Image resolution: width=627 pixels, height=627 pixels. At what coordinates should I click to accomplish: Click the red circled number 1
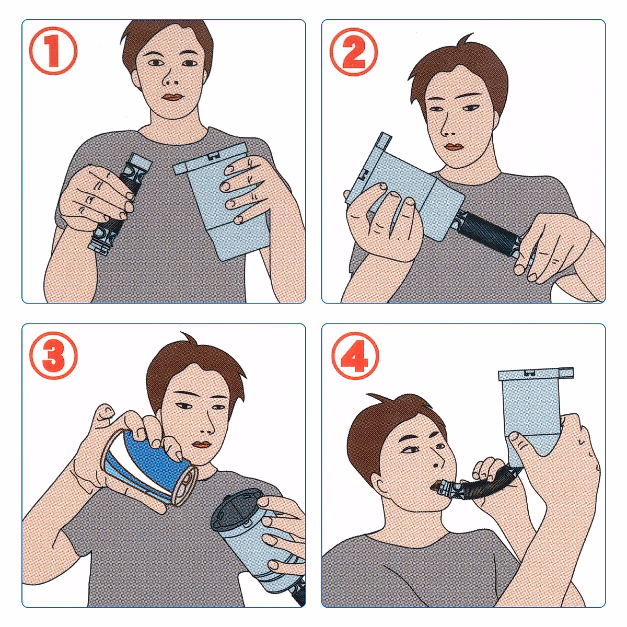tap(53, 51)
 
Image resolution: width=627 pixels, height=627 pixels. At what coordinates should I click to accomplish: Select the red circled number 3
tap(53, 356)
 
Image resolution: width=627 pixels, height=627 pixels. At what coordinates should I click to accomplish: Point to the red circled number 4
tap(355, 356)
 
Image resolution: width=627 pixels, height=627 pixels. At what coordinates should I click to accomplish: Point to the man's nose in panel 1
tap(169, 78)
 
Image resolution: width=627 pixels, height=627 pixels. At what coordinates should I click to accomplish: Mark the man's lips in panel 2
tap(454, 147)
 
